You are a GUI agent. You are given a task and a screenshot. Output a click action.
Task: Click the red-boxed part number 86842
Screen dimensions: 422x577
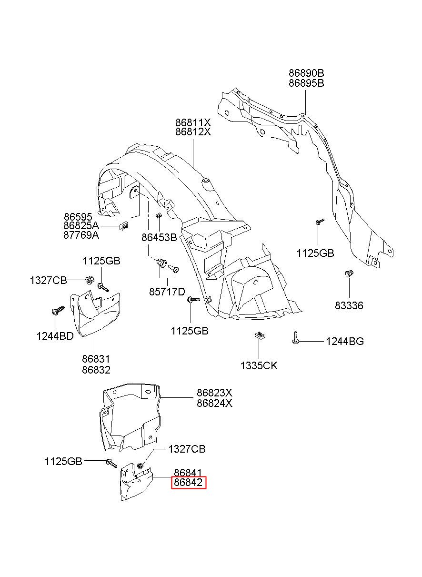(x=188, y=482)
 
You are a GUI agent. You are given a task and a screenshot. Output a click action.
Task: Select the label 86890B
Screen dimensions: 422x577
(x=306, y=73)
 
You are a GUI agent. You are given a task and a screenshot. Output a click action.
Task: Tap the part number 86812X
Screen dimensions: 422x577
(x=193, y=132)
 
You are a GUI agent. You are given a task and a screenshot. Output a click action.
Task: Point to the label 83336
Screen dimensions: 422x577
(x=349, y=305)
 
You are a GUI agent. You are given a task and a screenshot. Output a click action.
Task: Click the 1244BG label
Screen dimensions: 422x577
(x=345, y=341)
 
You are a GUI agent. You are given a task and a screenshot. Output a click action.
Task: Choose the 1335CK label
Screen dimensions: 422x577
(x=259, y=365)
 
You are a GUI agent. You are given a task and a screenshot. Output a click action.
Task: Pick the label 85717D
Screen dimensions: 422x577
(x=167, y=292)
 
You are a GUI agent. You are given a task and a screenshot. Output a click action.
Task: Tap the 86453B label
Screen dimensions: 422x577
(x=159, y=237)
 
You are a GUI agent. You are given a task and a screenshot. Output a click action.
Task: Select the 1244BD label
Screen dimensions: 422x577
(x=55, y=336)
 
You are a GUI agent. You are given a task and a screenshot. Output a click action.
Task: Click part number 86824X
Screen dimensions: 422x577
(x=214, y=403)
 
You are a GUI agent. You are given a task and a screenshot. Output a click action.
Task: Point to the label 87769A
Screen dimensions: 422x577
(x=81, y=235)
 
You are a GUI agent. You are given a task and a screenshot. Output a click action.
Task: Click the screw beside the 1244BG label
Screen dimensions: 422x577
(x=296, y=338)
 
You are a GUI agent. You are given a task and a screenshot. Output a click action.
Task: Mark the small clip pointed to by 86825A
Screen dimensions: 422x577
(x=123, y=226)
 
